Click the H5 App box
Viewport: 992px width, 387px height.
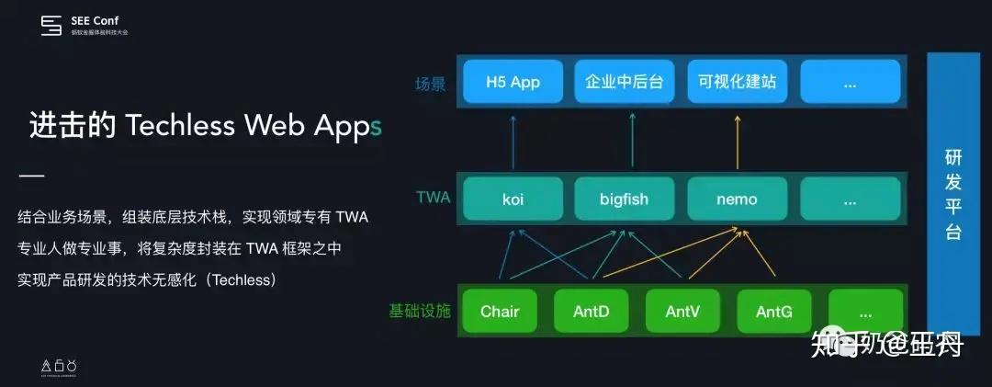tap(513, 82)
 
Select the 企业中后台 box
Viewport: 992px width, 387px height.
tap(625, 82)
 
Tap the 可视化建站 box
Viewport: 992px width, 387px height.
tap(737, 82)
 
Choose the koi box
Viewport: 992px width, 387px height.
tap(513, 199)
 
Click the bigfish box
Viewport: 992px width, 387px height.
tap(625, 199)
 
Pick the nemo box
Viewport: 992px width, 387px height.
tap(737, 199)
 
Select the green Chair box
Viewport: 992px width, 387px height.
tap(500, 312)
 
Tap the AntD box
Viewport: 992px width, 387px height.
tap(591, 312)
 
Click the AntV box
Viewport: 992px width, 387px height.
tap(682, 312)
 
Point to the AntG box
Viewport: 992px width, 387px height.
tap(774, 312)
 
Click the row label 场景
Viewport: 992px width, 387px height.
tap(430, 84)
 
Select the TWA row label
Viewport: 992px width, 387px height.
tap(433, 197)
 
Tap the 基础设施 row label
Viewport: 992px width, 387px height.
tap(420, 312)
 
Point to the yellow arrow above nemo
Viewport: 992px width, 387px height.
tap(737, 140)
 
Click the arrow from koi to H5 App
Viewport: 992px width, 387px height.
tap(513, 140)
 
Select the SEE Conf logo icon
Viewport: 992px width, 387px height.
tap(51, 26)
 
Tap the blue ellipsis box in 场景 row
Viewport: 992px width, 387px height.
tap(849, 82)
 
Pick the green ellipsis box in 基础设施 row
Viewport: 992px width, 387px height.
tap(864, 312)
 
